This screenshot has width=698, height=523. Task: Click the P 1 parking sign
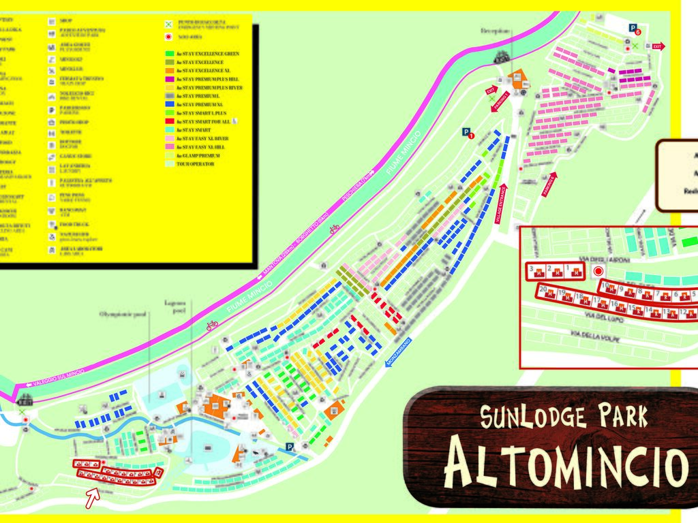(x=468, y=133)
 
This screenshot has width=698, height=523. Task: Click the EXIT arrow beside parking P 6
(x=657, y=46)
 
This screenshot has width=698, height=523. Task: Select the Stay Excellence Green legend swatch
(x=169, y=54)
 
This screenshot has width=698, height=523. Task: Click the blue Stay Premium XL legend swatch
(x=169, y=105)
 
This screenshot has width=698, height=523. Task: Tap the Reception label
(x=495, y=31)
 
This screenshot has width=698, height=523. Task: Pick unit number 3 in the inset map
(x=532, y=269)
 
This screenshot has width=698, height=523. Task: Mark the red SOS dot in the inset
(x=598, y=271)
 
